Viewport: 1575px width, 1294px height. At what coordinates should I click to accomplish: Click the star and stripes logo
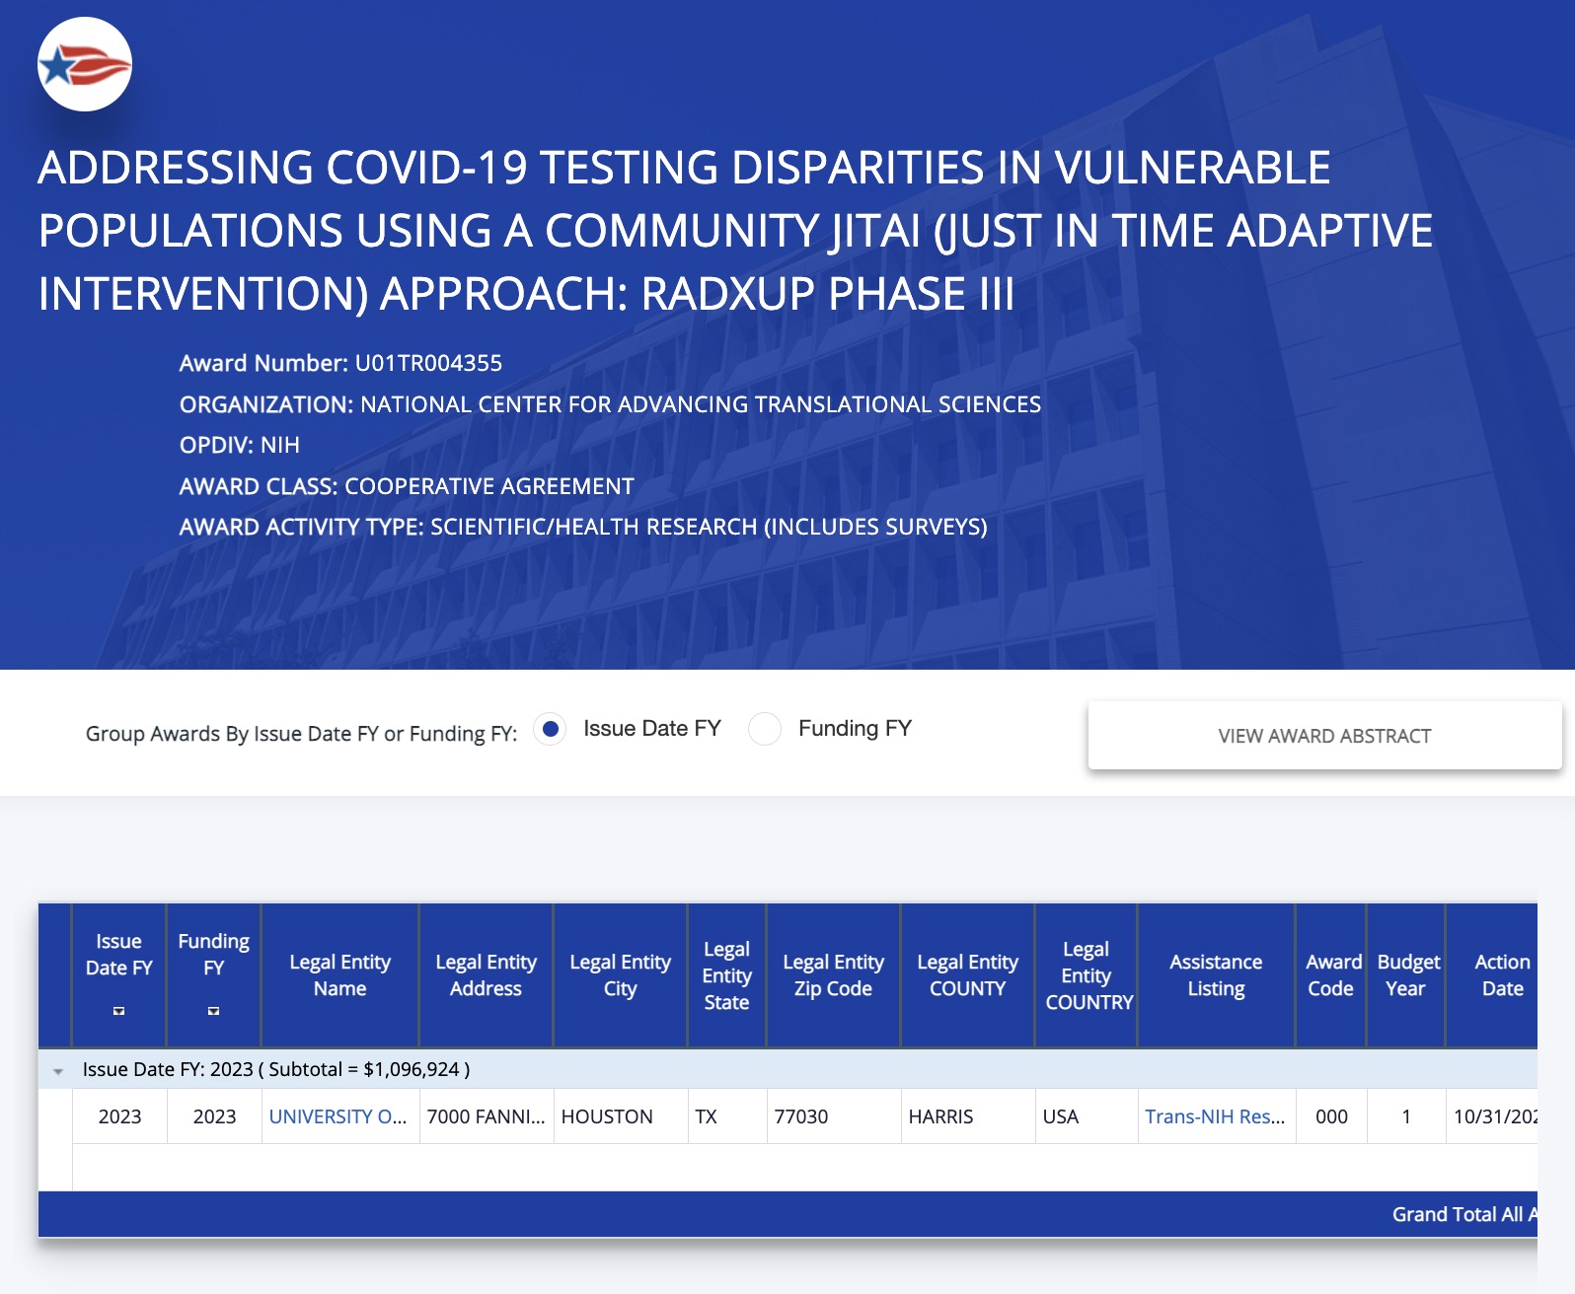pyautogui.click(x=85, y=64)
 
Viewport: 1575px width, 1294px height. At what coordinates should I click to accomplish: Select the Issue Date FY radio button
pyautogui.click(x=551, y=729)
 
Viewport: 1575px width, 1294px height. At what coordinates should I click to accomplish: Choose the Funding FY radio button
pyautogui.click(x=765, y=729)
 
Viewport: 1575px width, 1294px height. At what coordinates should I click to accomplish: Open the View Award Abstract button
pyautogui.click(x=1324, y=736)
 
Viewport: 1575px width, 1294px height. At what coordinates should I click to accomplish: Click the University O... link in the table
pyautogui.click(x=337, y=1116)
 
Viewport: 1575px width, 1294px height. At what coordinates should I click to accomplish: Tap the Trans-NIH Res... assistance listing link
pyautogui.click(x=1215, y=1116)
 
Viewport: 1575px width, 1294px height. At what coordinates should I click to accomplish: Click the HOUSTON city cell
pyautogui.click(x=607, y=1116)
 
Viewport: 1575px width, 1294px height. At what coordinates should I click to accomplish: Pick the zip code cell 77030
pyautogui.click(x=801, y=1116)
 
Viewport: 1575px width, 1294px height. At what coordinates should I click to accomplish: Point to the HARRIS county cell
pyautogui.click(x=941, y=1116)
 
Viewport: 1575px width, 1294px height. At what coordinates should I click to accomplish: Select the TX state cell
pyautogui.click(x=706, y=1116)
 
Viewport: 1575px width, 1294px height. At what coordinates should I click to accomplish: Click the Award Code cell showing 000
pyautogui.click(x=1331, y=1116)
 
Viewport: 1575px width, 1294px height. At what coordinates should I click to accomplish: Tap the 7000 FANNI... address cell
pyautogui.click(x=487, y=1116)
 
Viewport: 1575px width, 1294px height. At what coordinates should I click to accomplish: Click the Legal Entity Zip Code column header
pyautogui.click(x=834, y=975)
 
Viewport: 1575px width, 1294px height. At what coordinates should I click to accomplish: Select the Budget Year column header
pyautogui.click(x=1407, y=975)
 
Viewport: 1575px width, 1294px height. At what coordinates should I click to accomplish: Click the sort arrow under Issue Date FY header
pyautogui.click(x=118, y=1011)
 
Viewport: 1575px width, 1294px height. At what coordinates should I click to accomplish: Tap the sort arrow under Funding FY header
pyautogui.click(x=213, y=1011)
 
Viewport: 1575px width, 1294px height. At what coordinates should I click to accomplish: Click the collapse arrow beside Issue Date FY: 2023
pyautogui.click(x=58, y=1072)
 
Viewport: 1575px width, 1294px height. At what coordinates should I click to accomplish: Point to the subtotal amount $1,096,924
pyautogui.click(x=412, y=1069)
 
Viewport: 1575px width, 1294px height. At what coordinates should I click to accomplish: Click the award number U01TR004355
pyautogui.click(x=428, y=363)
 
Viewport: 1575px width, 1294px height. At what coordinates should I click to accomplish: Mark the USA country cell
pyautogui.click(x=1061, y=1116)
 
